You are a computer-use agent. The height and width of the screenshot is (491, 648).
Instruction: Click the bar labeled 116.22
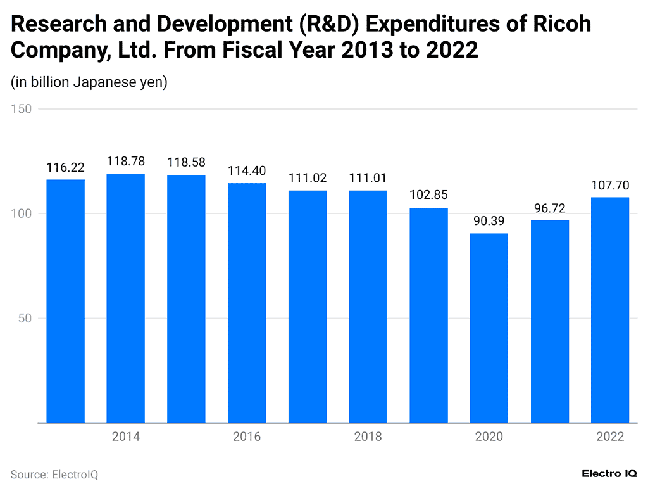click(65, 301)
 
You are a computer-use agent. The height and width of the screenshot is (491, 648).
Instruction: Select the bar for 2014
click(125, 298)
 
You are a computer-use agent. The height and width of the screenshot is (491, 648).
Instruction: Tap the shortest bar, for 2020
click(489, 328)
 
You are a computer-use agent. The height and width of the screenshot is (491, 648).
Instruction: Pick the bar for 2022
click(609, 310)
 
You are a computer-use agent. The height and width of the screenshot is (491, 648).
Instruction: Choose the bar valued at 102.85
click(428, 315)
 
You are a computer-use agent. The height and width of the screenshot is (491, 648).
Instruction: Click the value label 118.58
click(186, 163)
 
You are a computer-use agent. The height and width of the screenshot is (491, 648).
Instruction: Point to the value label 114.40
click(247, 171)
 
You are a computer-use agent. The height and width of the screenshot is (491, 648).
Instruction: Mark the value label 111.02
click(308, 178)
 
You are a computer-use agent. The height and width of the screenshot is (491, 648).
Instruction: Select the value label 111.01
click(368, 178)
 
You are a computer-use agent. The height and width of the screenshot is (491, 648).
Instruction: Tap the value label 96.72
click(549, 208)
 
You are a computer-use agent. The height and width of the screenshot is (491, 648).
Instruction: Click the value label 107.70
click(609, 186)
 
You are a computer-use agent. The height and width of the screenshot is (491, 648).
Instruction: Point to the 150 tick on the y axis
click(22, 109)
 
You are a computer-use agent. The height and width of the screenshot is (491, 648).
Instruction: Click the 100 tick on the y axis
click(22, 214)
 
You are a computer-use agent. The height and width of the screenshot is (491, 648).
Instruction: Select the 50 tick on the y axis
click(25, 318)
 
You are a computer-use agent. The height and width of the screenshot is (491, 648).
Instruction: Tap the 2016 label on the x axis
click(247, 437)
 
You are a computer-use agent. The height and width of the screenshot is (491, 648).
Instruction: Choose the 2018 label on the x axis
click(368, 437)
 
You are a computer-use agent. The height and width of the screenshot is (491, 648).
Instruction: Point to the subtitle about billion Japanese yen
click(89, 82)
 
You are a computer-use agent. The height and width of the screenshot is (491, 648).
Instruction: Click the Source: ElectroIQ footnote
click(54, 475)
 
